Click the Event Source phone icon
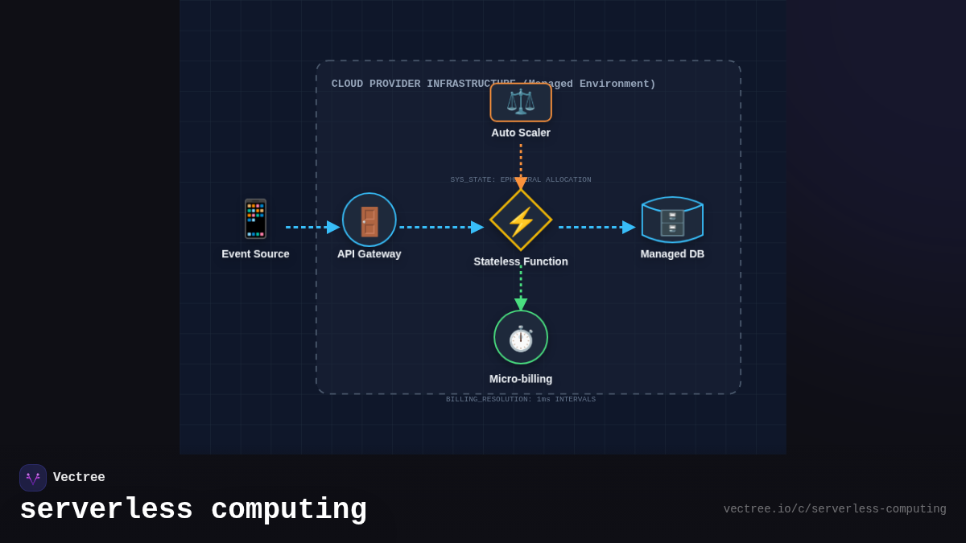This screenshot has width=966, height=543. tap(255, 219)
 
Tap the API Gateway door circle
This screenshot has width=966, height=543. tap(369, 220)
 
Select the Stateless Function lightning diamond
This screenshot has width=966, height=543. tap(521, 220)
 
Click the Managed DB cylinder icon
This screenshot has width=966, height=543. tap(672, 220)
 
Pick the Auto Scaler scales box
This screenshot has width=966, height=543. tap(521, 102)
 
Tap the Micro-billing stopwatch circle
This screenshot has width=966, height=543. tap(521, 337)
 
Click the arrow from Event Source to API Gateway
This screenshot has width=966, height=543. tap(312, 227)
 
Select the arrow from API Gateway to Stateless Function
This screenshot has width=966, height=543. tap(441, 227)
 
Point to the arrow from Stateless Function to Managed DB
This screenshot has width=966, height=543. tap(597, 227)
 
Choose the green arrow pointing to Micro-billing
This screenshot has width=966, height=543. tap(521, 290)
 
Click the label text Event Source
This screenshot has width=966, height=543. tap(255, 254)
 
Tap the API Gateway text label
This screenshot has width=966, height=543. tap(369, 254)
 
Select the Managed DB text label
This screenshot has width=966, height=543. tap(672, 254)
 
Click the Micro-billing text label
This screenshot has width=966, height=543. tap(521, 379)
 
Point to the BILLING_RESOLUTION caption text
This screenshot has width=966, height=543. tap(521, 400)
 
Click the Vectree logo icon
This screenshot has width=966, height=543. tap(33, 478)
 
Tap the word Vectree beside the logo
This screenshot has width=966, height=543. tap(79, 478)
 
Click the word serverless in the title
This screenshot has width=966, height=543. tap(106, 510)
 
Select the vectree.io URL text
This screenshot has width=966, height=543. tap(834, 509)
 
